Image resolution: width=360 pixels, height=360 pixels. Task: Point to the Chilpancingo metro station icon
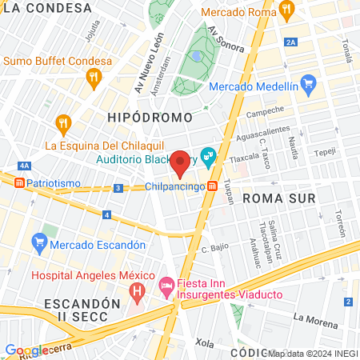click(212, 186)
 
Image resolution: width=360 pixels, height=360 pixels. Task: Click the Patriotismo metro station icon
click(17, 182)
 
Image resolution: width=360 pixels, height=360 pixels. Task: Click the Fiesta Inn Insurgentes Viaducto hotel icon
click(167, 284)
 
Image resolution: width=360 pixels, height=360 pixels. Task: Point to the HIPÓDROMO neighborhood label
click(150, 118)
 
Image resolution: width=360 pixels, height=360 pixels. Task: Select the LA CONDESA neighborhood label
click(46, 7)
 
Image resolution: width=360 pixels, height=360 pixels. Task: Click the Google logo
click(26, 350)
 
